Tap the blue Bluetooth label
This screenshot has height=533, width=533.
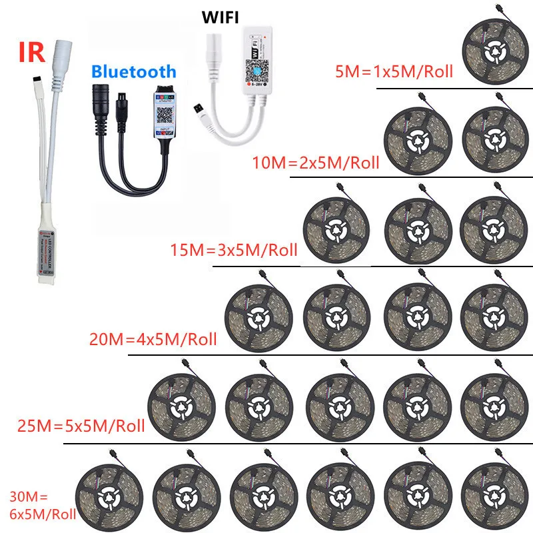point(133,72)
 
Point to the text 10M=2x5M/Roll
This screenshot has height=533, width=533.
point(316,161)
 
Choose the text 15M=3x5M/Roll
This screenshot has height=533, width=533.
point(233,251)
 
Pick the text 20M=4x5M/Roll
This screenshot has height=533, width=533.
point(153,339)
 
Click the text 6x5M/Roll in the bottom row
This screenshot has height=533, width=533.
point(42,514)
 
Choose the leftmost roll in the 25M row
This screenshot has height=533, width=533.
point(179,402)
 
